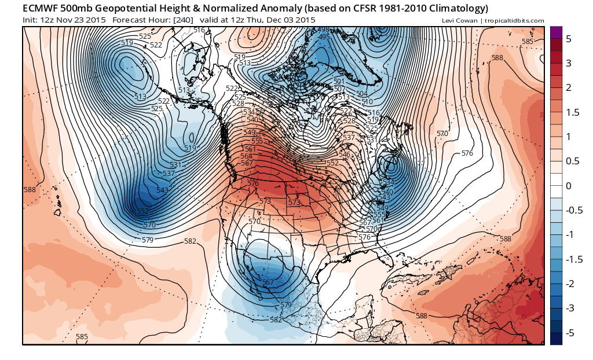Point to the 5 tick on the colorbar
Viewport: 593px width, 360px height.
point(569,39)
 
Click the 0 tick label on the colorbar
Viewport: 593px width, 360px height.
point(569,186)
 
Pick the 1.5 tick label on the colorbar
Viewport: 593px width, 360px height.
point(572,112)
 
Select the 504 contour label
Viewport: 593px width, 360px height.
point(363,94)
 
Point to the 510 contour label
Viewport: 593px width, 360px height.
point(367,102)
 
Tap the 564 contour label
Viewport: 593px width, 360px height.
point(246,156)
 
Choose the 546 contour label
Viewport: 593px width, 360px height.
point(346,155)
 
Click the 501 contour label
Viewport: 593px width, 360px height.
point(339,82)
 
